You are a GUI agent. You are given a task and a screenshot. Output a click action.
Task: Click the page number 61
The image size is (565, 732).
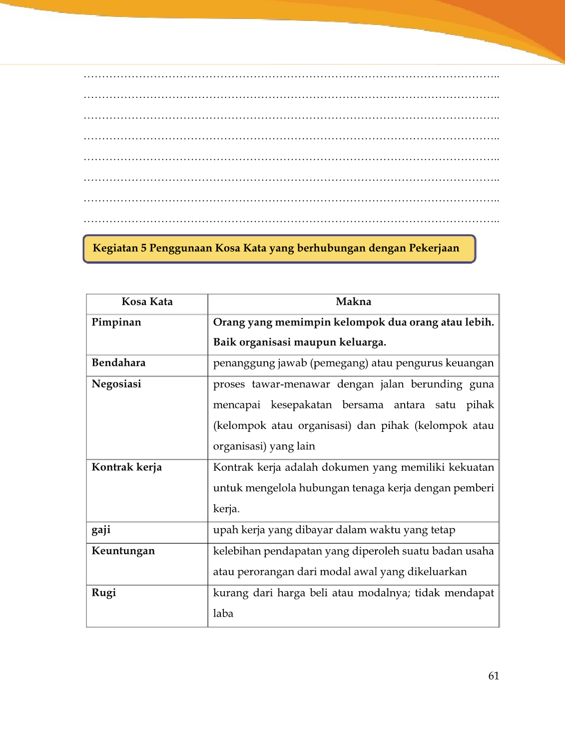click(x=494, y=676)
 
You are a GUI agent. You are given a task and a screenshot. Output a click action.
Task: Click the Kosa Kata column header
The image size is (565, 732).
click(x=147, y=302)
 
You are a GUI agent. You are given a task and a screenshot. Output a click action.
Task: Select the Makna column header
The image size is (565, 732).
click(x=353, y=302)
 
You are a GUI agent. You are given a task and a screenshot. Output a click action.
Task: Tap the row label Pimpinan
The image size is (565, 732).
click(x=116, y=322)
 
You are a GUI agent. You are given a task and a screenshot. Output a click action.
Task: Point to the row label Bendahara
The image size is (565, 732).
click(x=118, y=363)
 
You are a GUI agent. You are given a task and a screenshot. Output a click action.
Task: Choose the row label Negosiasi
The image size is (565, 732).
click(x=116, y=384)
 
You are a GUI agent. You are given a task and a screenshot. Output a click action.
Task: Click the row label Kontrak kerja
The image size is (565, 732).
click(x=127, y=467)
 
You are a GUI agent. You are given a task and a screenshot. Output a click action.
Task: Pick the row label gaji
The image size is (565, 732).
click(x=101, y=530)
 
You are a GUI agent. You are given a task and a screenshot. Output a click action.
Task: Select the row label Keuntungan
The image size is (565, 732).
click(x=123, y=551)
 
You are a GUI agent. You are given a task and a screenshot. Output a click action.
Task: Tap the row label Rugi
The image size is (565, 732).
click(x=104, y=593)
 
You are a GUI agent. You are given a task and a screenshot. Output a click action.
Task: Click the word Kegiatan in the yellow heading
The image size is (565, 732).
click(x=115, y=248)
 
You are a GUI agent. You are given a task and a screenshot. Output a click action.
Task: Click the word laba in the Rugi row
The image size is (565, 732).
click(x=223, y=614)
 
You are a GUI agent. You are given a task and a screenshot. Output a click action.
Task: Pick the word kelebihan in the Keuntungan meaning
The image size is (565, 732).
click(x=237, y=551)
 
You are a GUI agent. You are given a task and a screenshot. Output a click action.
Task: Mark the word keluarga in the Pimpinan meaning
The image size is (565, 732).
click(x=363, y=343)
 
